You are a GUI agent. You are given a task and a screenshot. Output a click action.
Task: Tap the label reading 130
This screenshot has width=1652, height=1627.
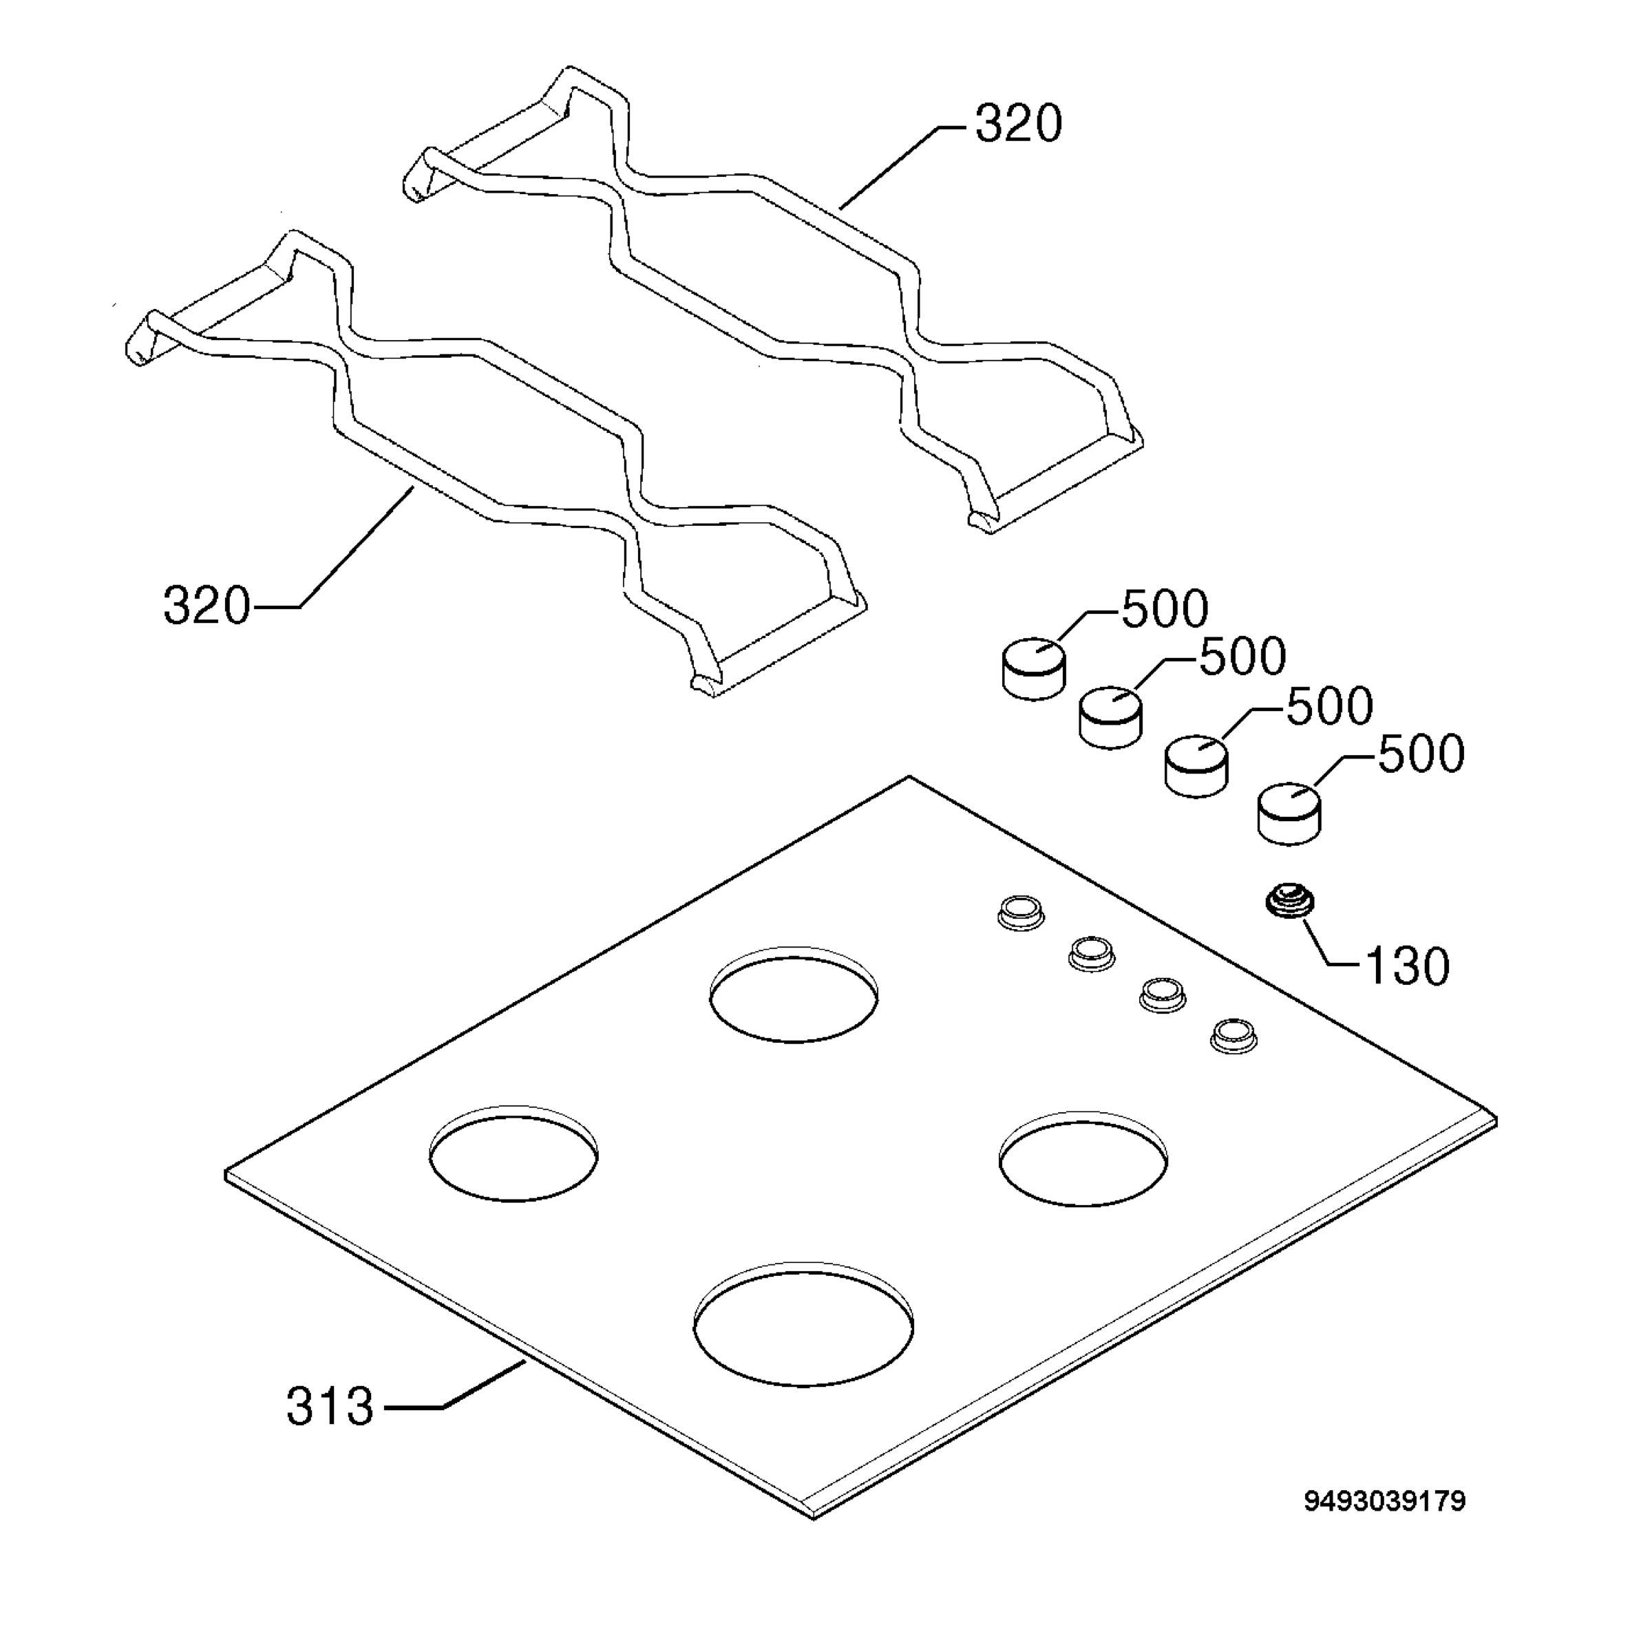(1408, 966)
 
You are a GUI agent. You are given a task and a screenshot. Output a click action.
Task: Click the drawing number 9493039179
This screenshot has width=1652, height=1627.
(1384, 1500)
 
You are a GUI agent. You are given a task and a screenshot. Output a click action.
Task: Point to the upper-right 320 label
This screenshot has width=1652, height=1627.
(1019, 124)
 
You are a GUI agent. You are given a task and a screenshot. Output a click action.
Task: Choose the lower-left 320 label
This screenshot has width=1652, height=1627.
(206, 606)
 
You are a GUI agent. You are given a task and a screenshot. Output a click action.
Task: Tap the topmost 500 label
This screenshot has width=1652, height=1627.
(1164, 609)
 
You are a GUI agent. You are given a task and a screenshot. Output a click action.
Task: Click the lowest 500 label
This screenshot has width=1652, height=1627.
(1421, 754)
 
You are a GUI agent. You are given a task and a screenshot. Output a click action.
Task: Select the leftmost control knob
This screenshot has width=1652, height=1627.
(1033, 668)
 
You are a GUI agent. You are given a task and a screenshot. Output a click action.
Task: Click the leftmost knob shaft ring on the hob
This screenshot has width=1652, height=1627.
(1020, 913)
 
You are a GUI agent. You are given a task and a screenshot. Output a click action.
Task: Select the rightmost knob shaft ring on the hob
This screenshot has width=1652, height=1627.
(1233, 1035)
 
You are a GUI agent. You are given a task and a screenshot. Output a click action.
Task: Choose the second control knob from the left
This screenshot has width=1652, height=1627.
(1110, 718)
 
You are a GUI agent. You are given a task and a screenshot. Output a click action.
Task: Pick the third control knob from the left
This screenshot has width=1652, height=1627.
(1196, 765)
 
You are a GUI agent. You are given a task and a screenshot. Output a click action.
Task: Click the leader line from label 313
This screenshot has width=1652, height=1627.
(454, 1385)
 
